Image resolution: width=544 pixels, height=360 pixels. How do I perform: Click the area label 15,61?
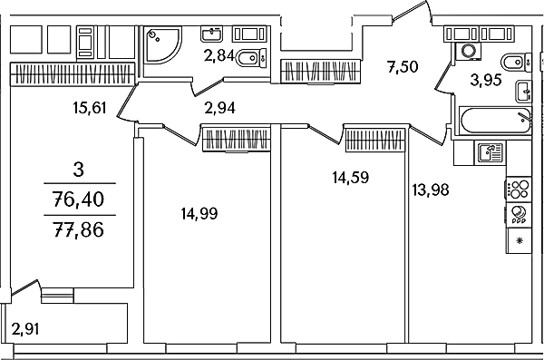(x=90, y=108)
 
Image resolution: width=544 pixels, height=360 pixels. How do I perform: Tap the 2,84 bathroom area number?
(x=220, y=55)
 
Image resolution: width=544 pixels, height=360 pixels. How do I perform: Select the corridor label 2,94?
(x=220, y=108)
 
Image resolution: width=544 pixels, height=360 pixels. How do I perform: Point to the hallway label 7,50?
(x=403, y=66)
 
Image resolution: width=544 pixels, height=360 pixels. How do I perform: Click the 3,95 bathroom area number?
(x=486, y=80)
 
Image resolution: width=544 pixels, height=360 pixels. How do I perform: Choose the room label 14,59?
(x=350, y=177)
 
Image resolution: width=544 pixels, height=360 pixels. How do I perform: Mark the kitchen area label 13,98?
(x=431, y=190)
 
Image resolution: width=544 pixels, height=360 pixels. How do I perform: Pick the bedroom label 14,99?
(x=199, y=213)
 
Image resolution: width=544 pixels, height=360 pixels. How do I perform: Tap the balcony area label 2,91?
(x=25, y=329)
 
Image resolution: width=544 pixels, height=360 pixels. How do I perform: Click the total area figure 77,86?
(x=79, y=229)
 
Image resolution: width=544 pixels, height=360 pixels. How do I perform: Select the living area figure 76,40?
(x=79, y=199)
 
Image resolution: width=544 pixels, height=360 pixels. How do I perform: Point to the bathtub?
(x=495, y=121)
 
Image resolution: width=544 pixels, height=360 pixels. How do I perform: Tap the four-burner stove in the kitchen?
(x=519, y=190)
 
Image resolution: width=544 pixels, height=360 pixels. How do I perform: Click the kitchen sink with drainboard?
(x=491, y=152)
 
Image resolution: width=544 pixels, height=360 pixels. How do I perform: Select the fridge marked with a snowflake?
(x=519, y=240)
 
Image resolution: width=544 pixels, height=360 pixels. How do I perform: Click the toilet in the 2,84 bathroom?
(x=251, y=58)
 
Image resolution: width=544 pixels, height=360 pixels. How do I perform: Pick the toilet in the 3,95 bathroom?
(x=516, y=63)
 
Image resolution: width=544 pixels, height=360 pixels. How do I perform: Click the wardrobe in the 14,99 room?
(x=237, y=140)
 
